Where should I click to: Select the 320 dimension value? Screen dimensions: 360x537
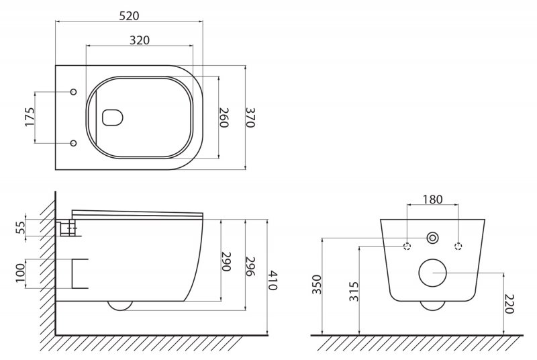(139, 40)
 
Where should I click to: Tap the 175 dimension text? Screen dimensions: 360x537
(30, 117)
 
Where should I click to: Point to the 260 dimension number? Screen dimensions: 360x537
(224, 118)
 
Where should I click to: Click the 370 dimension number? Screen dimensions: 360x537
(251, 118)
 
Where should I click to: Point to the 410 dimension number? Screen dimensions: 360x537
(273, 277)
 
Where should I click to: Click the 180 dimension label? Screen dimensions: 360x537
(432, 199)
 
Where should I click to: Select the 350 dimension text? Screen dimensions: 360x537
(316, 285)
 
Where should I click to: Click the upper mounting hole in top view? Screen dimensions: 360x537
(74, 92)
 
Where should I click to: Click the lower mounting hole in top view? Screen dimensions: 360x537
(74, 142)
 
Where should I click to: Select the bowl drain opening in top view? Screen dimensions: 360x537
(113, 118)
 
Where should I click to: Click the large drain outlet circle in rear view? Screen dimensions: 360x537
(432, 273)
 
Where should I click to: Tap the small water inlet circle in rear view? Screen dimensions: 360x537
(432, 238)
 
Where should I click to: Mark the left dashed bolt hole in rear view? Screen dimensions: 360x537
(407, 246)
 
